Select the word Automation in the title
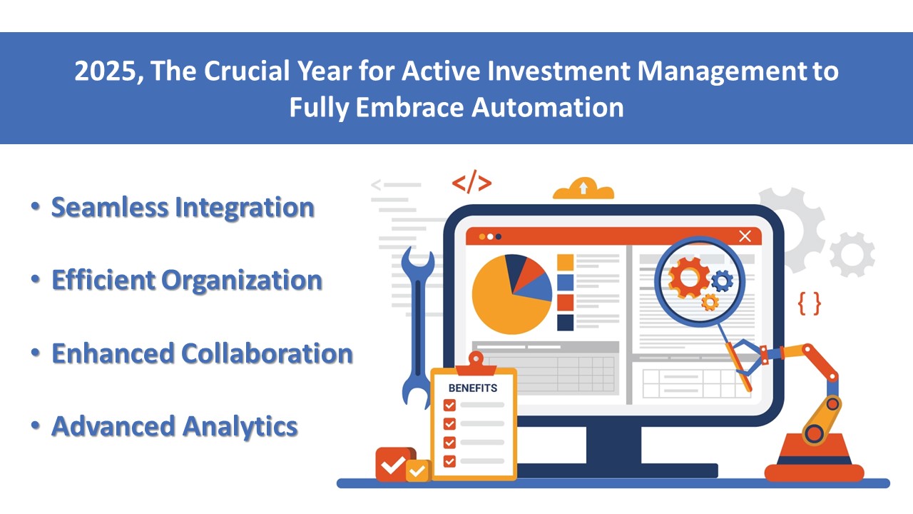click(x=547, y=107)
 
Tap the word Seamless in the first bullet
click(x=110, y=207)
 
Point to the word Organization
click(x=242, y=281)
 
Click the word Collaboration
click(x=267, y=353)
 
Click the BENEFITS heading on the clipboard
click(x=473, y=388)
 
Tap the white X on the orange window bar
click(x=745, y=236)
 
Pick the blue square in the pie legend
click(x=566, y=282)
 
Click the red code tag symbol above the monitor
click(x=471, y=183)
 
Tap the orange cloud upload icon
click(x=583, y=189)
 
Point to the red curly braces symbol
click(x=809, y=303)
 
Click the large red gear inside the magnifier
click(x=688, y=278)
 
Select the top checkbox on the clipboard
click(x=449, y=405)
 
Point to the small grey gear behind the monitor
click(x=852, y=255)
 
